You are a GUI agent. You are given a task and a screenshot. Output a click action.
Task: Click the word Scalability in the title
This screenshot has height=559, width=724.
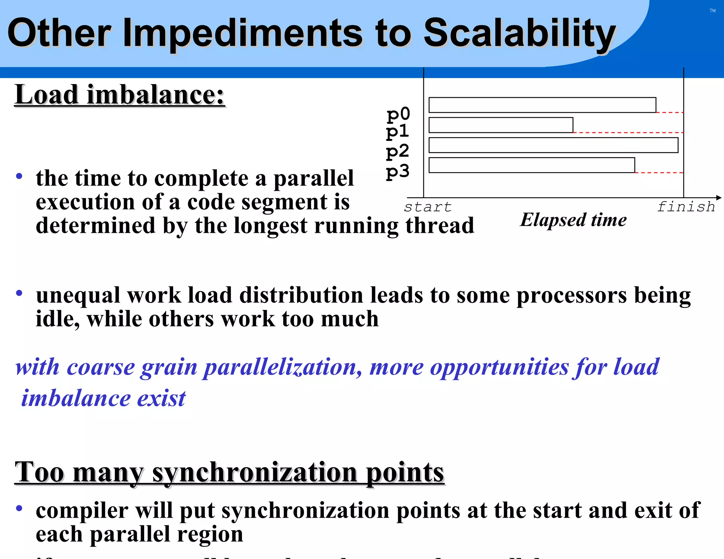pos(520,34)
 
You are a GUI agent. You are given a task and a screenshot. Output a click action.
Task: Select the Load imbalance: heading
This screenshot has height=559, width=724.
pos(119,95)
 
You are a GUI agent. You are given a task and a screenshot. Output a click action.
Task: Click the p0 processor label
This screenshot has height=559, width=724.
pos(398,114)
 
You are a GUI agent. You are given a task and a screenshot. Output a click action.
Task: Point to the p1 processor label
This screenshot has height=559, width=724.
pos(397,132)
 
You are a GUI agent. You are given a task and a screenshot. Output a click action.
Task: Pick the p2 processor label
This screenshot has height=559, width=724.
pos(397,151)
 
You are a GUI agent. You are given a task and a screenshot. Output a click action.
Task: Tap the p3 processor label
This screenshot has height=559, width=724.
pos(397,171)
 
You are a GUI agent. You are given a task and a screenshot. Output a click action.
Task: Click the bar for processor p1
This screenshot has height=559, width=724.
pos(501,125)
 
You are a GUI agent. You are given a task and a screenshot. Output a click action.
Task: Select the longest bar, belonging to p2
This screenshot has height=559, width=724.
pos(553,145)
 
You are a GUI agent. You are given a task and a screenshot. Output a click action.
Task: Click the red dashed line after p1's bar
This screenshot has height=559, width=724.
pos(628,133)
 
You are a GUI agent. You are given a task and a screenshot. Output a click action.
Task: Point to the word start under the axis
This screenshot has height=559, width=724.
pos(428,207)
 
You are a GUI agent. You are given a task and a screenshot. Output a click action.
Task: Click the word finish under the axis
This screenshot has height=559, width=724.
pos(686,206)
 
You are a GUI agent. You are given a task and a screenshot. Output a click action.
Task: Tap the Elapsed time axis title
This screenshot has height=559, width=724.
pos(573,220)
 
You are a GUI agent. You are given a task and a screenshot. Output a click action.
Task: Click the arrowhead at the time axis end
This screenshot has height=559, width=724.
pos(719,198)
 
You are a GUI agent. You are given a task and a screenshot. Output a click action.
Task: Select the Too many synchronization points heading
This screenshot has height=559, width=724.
pos(229,472)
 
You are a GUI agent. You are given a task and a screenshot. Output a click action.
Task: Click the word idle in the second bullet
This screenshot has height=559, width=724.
pos(57,319)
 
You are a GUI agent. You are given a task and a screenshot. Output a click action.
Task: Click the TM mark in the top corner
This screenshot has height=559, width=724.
pos(712,11)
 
